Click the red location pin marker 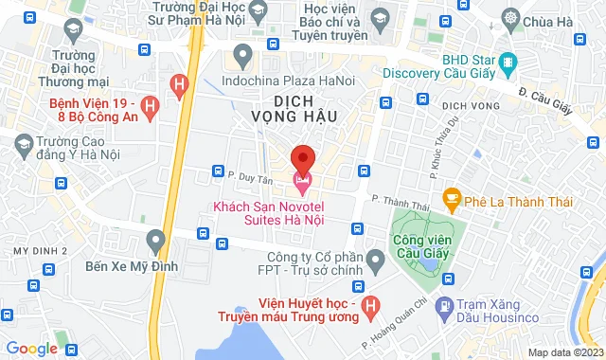(302, 157)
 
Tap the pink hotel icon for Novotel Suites (302, 179)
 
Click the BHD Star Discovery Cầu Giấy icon (508, 62)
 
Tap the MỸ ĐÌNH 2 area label (40, 250)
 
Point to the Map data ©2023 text (563, 352)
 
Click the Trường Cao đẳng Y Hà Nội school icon (24, 144)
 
